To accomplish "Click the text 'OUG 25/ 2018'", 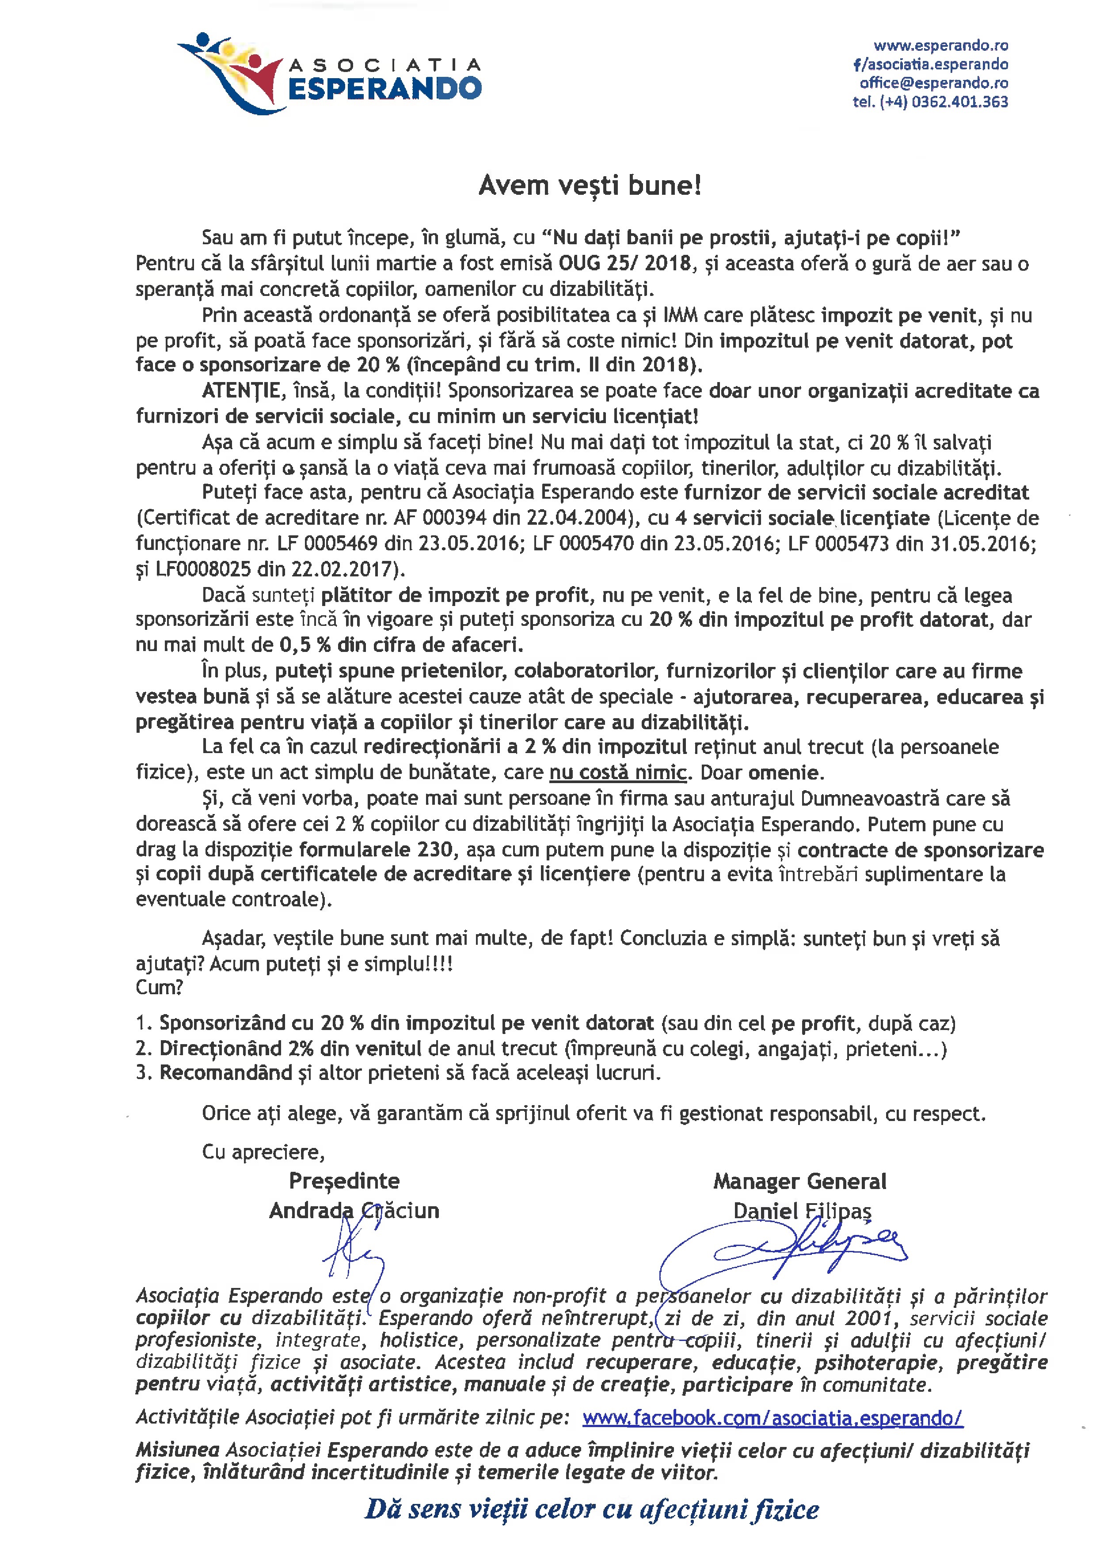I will coord(625,263).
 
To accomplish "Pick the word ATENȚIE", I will coord(240,390).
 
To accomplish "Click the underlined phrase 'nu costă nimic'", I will coord(617,773).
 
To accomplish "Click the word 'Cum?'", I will coord(159,988).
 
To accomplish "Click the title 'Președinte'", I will coord(344,1181).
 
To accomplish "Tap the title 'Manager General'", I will coord(800,1182).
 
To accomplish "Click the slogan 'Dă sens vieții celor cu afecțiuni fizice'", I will coord(592,1509).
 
